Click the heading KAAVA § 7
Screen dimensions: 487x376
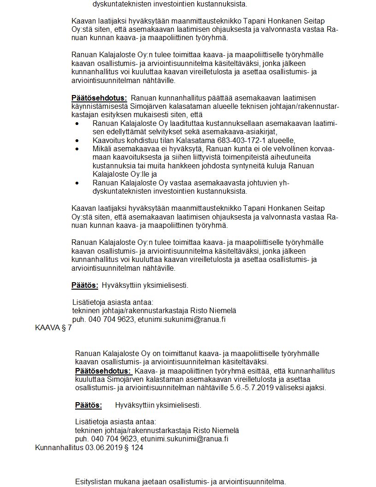click(x=53, y=328)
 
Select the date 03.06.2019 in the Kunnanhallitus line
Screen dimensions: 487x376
click(x=105, y=447)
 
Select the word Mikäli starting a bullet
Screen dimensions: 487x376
click(x=102, y=148)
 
